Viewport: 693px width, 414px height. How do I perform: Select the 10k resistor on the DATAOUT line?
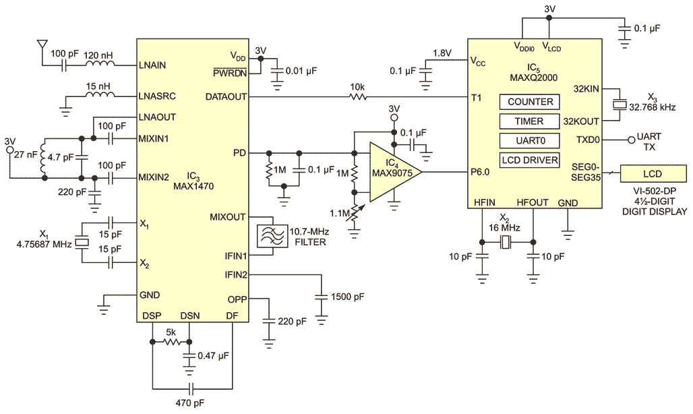pos(357,97)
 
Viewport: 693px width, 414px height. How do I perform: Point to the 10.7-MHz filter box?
pos(272,235)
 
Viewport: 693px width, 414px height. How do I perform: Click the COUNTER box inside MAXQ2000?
pos(529,102)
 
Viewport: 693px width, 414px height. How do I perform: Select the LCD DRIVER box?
pos(529,160)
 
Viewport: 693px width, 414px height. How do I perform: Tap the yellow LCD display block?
pos(653,174)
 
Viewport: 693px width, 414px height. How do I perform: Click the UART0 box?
pos(529,140)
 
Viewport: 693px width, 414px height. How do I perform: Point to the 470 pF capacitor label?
pos(190,403)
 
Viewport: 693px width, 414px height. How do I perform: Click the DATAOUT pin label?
pos(226,97)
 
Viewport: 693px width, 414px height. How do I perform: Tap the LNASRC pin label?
pos(157,96)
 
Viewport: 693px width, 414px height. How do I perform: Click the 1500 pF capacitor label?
pos(348,297)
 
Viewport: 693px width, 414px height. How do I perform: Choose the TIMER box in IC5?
pos(529,121)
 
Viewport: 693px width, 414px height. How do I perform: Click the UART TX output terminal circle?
pos(632,140)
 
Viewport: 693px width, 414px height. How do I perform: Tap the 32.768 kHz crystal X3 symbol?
pos(620,105)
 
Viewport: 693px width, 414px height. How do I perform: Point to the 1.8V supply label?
pos(442,53)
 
